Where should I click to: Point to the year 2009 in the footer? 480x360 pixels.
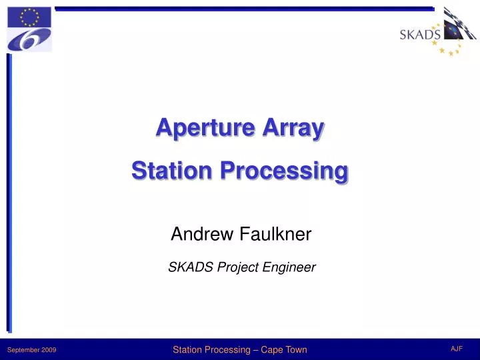(x=49, y=350)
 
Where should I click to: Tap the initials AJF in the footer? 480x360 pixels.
(x=457, y=349)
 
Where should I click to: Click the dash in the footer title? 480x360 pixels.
(x=256, y=349)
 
